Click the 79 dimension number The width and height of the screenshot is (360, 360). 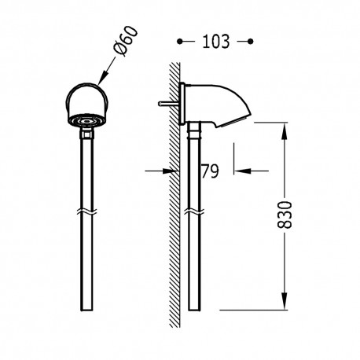[210, 170]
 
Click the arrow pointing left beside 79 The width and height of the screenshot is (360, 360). [239, 169]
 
